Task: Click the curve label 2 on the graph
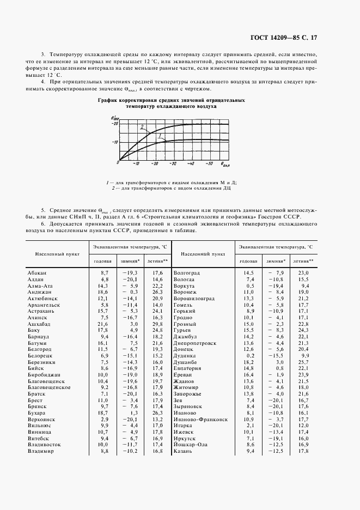(142, 127)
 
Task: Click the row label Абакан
(37, 272)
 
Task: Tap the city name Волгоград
(186, 272)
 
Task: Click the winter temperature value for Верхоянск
(130, 420)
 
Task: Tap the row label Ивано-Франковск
(200, 420)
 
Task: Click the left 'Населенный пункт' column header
(58, 253)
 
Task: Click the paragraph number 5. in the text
(44, 209)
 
